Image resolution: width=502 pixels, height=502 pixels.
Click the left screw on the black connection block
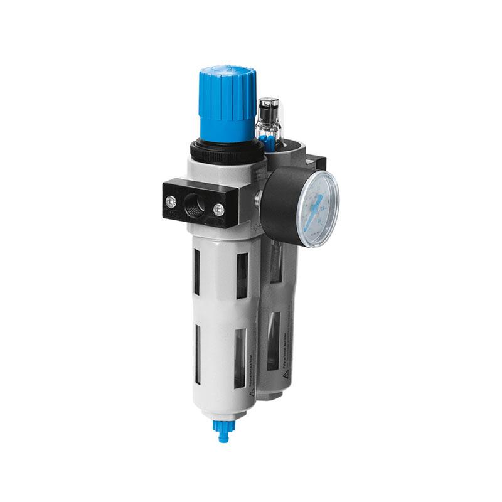point(170,201)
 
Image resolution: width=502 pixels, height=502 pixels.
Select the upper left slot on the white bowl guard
point(198,271)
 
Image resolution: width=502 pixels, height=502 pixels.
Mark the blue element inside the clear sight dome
point(268,139)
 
